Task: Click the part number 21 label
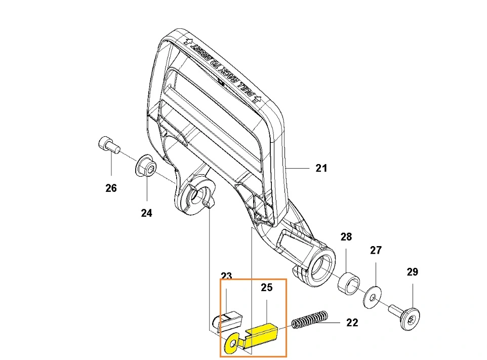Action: [321, 168]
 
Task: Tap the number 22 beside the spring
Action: [352, 322]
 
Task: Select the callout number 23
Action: [226, 276]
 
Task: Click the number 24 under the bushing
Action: [146, 213]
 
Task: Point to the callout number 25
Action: [266, 288]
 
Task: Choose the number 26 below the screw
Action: [111, 188]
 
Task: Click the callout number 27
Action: [376, 250]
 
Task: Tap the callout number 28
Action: [346, 237]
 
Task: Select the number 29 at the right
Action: [413, 272]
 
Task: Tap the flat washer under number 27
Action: [374, 298]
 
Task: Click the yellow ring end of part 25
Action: [232, 344]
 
